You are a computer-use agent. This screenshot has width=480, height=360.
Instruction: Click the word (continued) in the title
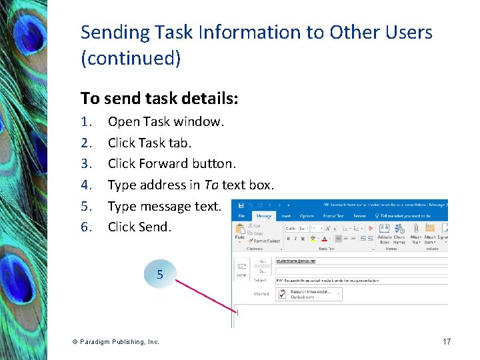point(131,59)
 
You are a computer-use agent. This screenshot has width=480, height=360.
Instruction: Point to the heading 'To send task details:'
point(159,99)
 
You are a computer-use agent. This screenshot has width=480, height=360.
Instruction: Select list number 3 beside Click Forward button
point(85,163)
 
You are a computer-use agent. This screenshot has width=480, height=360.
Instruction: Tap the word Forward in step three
point(164,163)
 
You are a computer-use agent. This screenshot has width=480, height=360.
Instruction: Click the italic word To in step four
point(211,185)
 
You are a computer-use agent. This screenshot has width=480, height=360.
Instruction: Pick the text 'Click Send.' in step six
point(139,227)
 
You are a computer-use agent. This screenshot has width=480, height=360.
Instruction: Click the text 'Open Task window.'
point(166,121)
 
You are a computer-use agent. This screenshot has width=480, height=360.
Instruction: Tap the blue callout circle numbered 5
point(159,274)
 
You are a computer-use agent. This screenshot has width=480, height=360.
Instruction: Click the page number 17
point(447,341)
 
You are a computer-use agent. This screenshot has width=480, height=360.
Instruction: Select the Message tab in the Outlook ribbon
point(264,216)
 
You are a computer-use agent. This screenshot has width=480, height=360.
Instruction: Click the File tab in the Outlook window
point(241,216)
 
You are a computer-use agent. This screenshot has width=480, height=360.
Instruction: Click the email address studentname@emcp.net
point(296,261)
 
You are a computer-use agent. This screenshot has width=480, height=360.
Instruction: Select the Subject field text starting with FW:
point(327,281)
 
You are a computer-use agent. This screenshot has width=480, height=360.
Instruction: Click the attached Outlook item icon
point(283,294)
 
